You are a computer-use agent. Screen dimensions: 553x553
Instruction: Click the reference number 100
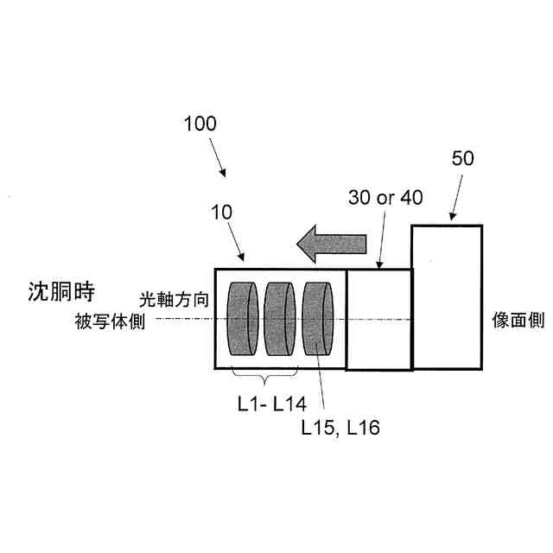click(200, 124)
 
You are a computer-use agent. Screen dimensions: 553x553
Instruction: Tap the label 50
click(463, 159)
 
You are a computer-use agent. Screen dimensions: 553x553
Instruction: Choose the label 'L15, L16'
click(340, 426)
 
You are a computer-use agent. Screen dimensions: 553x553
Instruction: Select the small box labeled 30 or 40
click(378, 320)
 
